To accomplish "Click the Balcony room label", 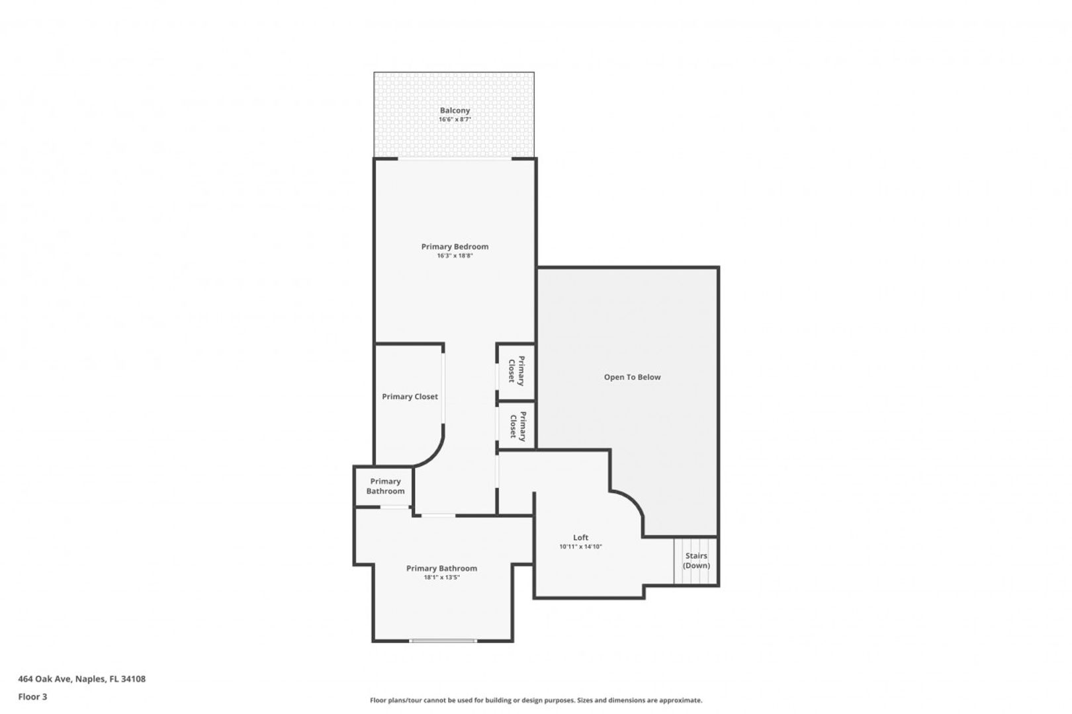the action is click(x=455, y=110).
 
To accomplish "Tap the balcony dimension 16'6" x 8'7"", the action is click(x=455, y=120).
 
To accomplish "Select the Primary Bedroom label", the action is click(x=455, y=247).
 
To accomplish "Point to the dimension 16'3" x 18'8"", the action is click(x=455, y=256).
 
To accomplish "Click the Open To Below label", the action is click(x=632, y=377).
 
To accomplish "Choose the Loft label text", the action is click(x=580, y=537).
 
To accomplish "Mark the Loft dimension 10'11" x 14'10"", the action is click(x=580, y=547).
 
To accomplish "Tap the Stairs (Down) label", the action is click(x=696, y=561).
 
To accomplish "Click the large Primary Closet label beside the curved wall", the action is click(x=410, y=397).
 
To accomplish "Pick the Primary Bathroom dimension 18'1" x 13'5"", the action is click(x=442, y=577).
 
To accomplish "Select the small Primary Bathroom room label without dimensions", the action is click(x=385, y=487).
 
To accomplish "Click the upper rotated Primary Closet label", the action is click(x=516, y=371).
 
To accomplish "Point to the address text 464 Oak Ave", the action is click(x=45, y=679).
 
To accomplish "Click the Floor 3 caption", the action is click(x=32, y=697).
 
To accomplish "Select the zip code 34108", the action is click(x=134, y=679).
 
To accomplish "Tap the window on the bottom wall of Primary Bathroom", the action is click(x=443, y=641).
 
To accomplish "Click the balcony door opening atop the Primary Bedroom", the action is click(x=455, y=159).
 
